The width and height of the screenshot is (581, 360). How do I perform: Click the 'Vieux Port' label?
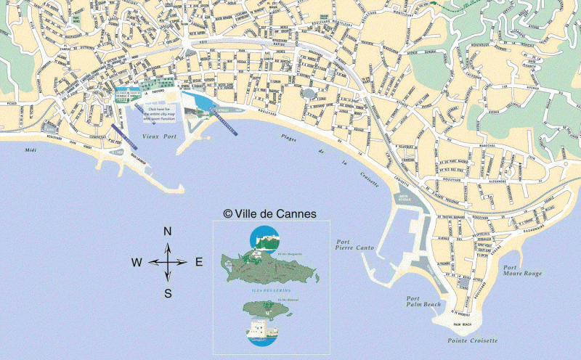pyautogui.click(x=159, y=136)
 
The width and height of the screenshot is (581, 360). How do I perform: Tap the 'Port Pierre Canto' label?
pyautogui.click(x=354, y=245)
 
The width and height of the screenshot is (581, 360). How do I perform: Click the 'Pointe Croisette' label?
pyautogui.click(x=473, y=340)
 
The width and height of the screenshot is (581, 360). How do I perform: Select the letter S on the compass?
pyautogui.click(x=168, y=293)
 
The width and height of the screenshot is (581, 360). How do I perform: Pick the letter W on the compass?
pyautogui.click(x=137, y=263)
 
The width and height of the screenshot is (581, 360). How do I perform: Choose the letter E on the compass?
pyautogui.click(x=198, y=263)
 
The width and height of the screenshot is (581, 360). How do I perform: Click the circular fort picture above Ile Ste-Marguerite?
pyautogui.click(x=265, y=239)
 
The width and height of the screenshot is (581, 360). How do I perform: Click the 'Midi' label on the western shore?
pyautogui.click(x=30, y=150)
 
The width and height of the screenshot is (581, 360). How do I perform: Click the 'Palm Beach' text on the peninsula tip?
pyautogui.click(x=462, y=324)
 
